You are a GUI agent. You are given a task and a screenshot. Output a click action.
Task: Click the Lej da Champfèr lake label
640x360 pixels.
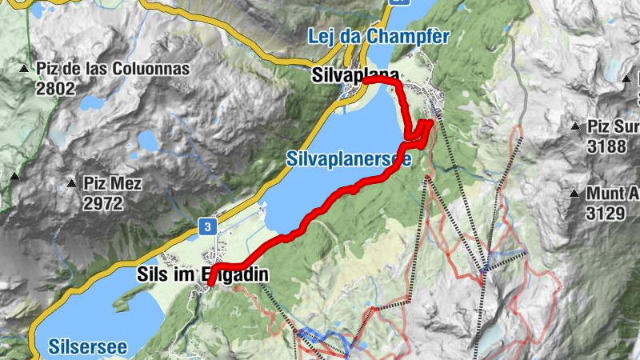[378, 36]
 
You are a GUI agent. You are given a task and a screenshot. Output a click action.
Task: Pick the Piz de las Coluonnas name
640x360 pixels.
[112, 69]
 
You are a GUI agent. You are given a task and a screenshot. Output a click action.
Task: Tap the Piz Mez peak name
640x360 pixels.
[113, 184]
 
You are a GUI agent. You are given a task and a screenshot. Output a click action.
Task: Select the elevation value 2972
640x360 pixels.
[102, 202]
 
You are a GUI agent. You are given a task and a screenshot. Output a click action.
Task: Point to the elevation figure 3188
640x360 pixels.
[606, 145]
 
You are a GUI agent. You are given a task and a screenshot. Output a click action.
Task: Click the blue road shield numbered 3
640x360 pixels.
[207, 227]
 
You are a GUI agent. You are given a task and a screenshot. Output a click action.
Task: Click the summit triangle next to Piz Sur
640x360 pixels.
[575, 126]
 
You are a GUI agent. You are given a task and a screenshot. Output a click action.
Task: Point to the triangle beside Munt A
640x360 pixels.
[574, 193]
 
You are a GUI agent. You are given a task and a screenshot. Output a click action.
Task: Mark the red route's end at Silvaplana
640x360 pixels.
[364, 81]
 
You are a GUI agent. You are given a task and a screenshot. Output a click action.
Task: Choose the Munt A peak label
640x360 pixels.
[612, 194]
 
